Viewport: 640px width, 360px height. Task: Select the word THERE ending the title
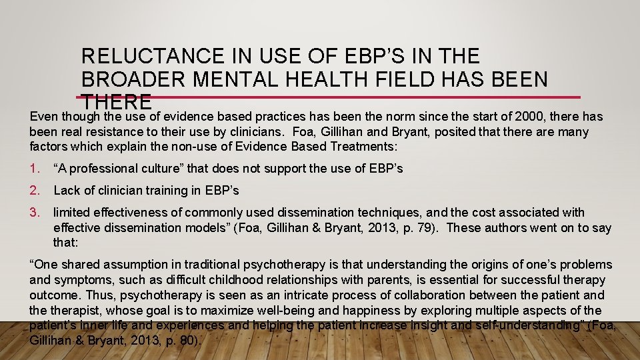pyautogui.click(x=117, y=102)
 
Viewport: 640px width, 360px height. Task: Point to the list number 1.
pyautogui.click(x=35, y=169)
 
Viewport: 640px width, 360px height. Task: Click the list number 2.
pyautogui.click(x=35, y=191)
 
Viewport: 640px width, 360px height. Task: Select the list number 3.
pyautogui.click(x=35, y=213)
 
